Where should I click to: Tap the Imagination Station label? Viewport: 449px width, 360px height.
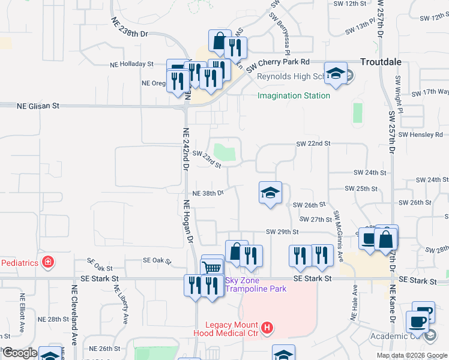[294, 95]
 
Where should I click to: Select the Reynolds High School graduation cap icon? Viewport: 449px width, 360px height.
[336, 73]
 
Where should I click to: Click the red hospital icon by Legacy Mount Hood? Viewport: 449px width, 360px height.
[268, 328]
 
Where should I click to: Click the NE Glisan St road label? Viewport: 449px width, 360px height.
[38, 106]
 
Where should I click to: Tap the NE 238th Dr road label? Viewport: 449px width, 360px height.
[129, 28]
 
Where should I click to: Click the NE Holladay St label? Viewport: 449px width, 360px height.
[131, 64]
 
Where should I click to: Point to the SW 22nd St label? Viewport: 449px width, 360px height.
[313, 143]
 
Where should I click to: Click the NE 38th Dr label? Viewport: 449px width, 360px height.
[208, 193]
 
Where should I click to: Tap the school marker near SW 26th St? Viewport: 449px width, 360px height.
[270, 193]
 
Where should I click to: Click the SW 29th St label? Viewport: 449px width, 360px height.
[282, 232]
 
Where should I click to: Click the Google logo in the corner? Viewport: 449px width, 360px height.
[20, 353]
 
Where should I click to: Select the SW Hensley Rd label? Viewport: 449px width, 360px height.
[419, 134]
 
